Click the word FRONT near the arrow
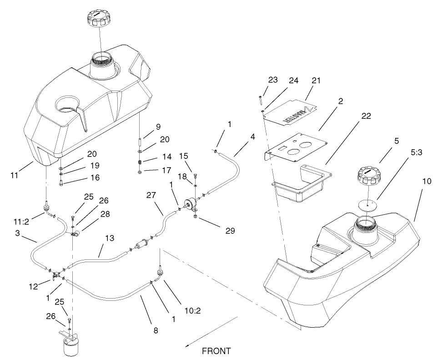(216, 351)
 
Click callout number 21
(316, 81)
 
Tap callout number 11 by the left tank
(14, 174)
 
